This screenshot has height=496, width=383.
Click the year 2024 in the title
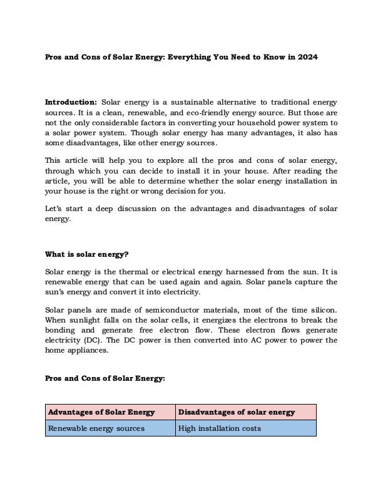(307, 57)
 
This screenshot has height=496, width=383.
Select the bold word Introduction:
(71, 101)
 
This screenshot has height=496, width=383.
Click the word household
(249, 122)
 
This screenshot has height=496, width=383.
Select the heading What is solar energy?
(87, 254)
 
